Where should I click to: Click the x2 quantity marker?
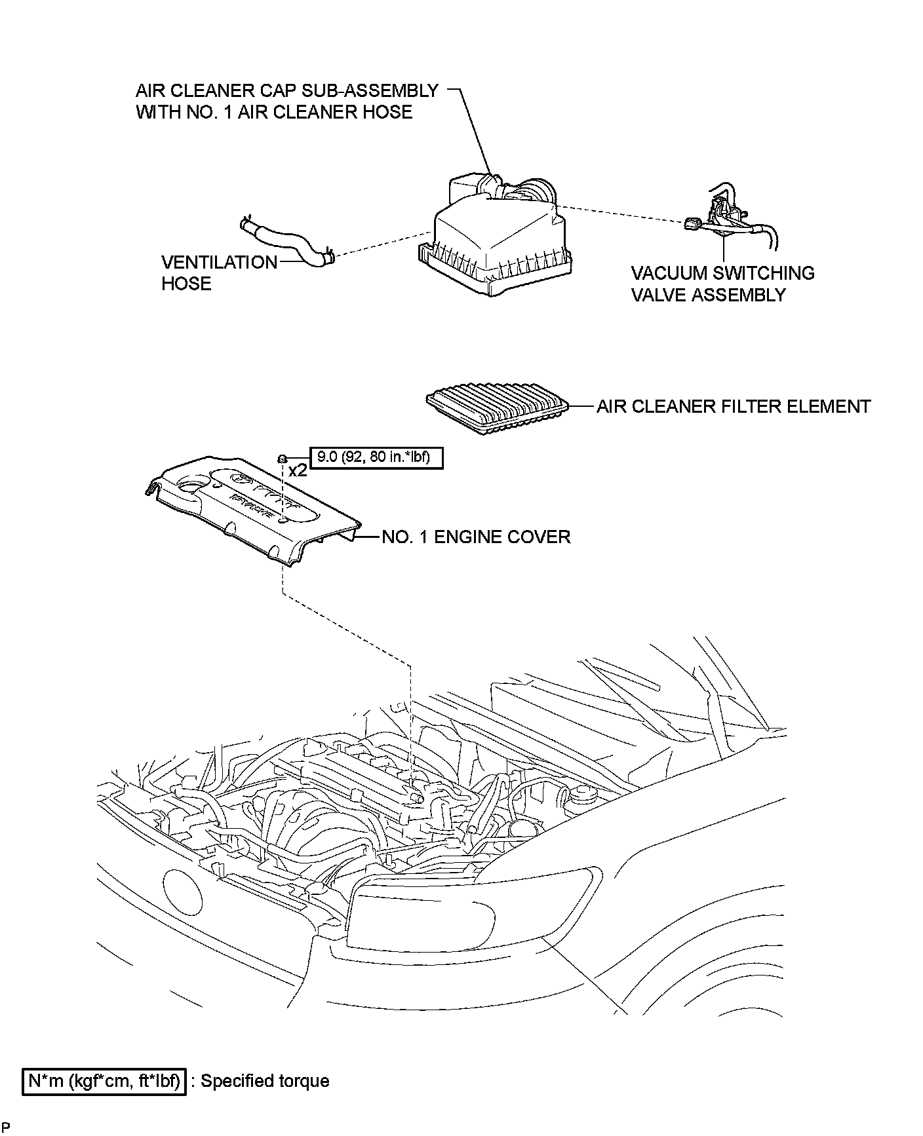[298, 470]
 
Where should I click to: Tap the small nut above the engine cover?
[281, 457]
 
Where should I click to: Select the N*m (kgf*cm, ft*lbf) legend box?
[105, 1081]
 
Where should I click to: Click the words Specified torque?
[265, 1081]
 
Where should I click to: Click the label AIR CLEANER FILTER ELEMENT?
[733, 406]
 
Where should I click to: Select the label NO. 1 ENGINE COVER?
[476, 537]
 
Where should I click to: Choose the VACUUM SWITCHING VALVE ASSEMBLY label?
[722, 284]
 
